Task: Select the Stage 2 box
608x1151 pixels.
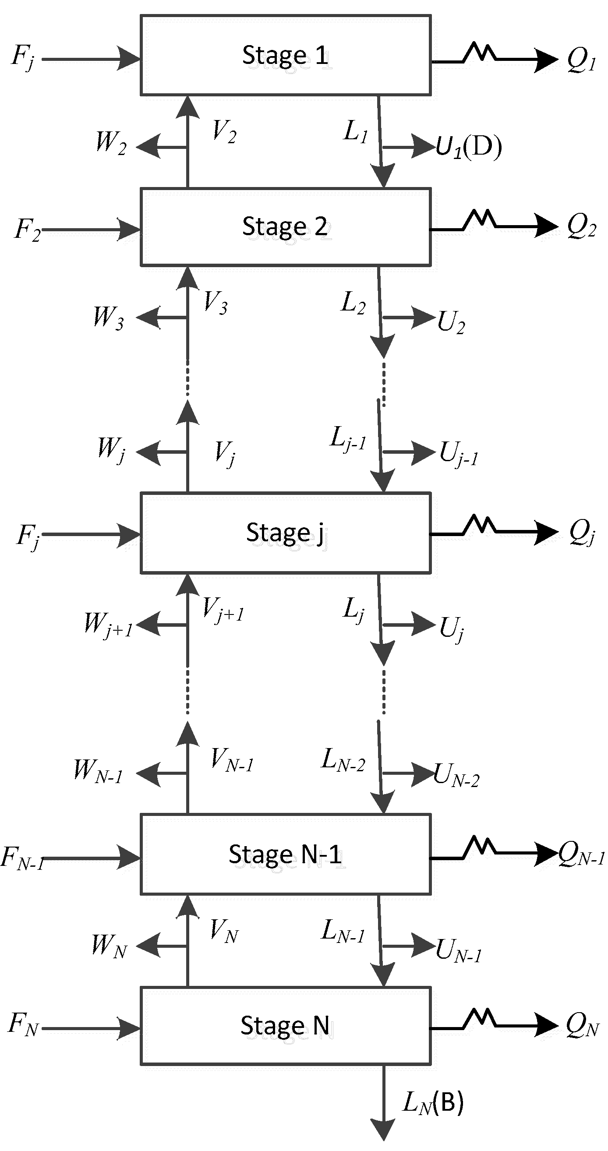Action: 286,227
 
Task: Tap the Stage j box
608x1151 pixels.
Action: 286,533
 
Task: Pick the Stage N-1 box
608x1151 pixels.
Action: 286,854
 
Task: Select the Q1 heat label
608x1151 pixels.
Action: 581,60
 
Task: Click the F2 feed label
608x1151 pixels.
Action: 27,230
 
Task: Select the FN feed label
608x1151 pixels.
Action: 23,1024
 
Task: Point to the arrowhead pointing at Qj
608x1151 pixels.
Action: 546,533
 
